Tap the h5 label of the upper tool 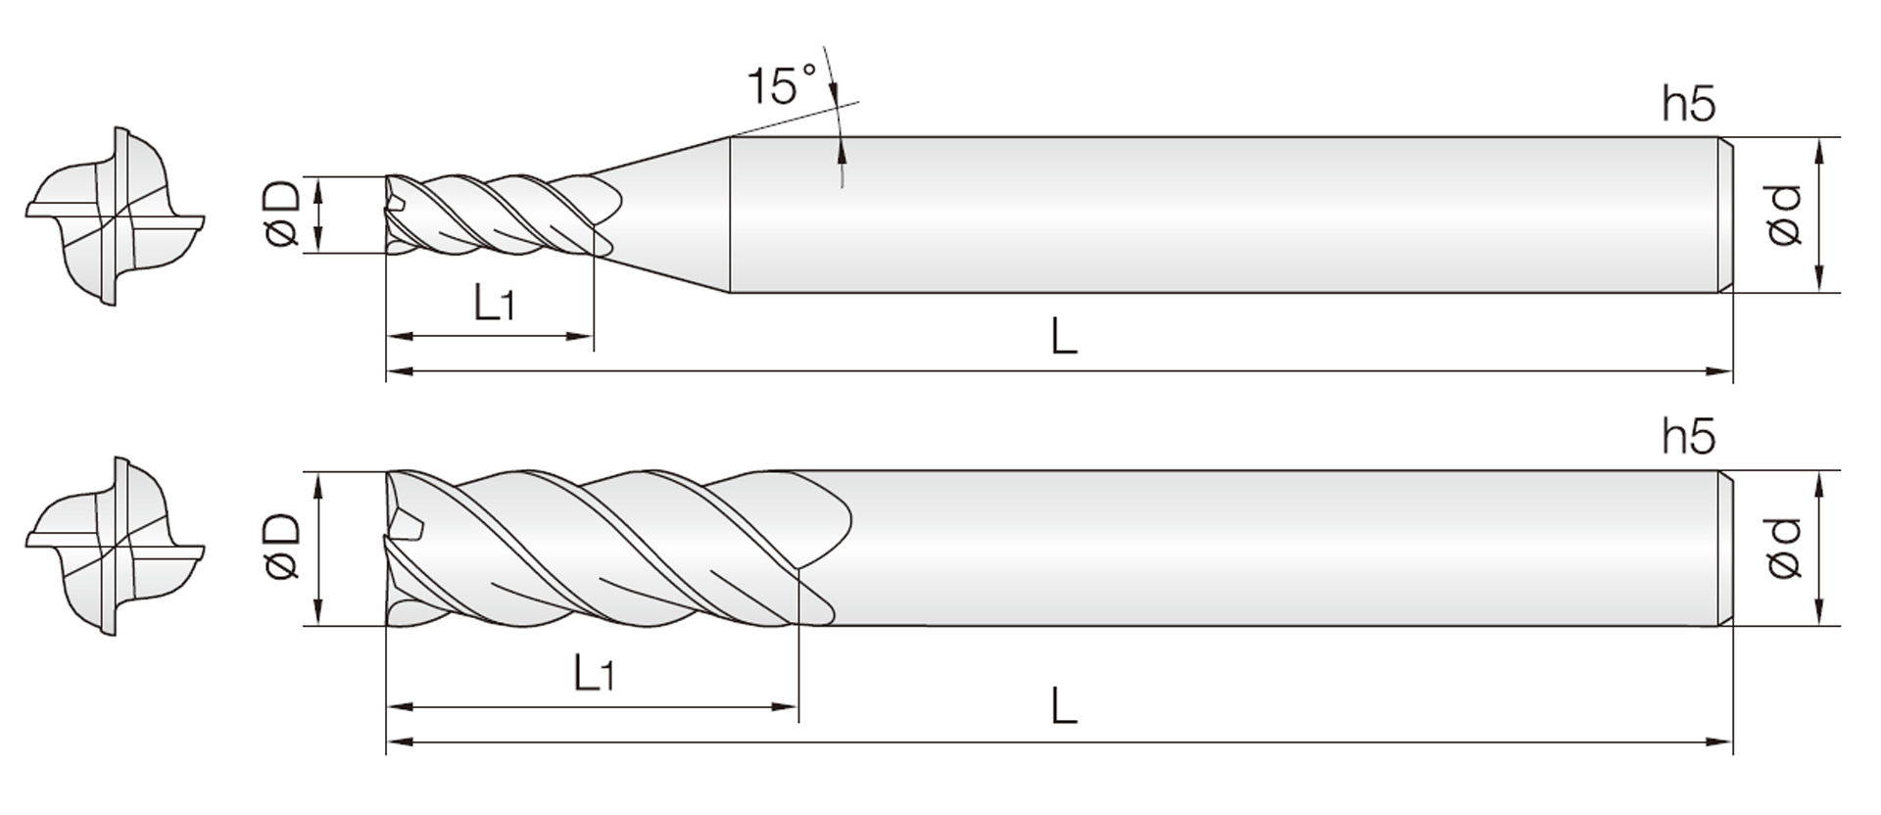[x=1688, y=103]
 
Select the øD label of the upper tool [x=283, y=215]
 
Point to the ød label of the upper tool [x=1784, y=215]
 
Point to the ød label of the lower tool [x=1784, y=547]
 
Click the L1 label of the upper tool [x=494, y=302]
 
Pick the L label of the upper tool [x=1064, y=336]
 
